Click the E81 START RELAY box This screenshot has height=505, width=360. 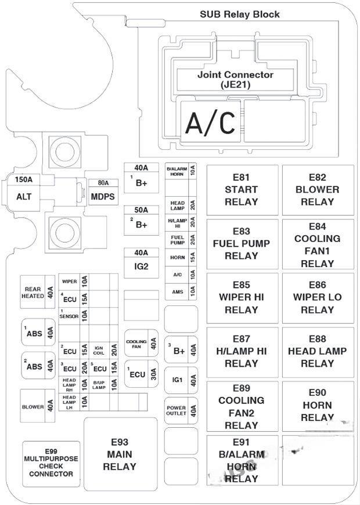241,190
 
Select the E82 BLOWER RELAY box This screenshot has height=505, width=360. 317,190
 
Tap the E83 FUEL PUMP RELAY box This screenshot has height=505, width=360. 241,243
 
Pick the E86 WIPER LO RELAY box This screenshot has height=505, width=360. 317,297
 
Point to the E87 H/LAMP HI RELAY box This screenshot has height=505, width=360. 241,351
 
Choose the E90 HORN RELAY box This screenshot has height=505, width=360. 317,405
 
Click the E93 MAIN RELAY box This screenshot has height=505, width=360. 120,453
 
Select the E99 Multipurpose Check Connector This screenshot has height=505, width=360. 51,463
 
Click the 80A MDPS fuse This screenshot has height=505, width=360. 103,192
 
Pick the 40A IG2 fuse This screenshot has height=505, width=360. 142,261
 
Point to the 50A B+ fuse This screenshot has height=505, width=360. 142,219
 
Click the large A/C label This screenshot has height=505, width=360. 210,122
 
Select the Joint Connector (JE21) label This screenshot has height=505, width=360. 235,80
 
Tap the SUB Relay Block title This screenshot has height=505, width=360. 239,14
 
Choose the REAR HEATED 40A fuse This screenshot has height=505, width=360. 38,291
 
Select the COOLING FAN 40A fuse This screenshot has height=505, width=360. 142,344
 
